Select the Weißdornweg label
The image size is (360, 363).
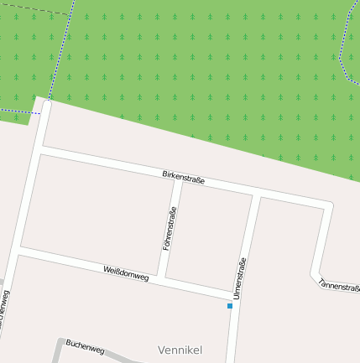126,272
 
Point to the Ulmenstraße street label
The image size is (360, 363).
241,277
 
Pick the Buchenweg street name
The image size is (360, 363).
85,345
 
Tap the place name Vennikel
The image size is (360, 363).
180,349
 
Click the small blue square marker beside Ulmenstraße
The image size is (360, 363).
229,306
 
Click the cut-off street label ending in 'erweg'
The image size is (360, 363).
5,314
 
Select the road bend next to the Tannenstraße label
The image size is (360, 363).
315,273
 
